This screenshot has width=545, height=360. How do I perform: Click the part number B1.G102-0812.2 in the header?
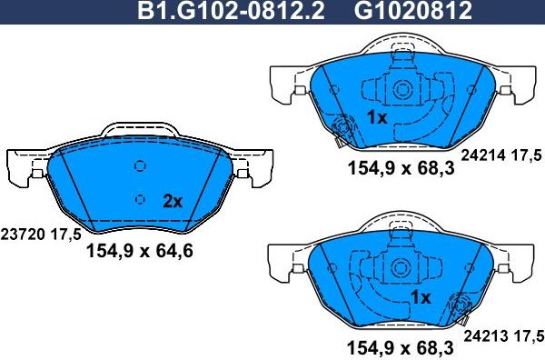231,13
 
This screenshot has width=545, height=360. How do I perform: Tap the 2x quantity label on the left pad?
172,201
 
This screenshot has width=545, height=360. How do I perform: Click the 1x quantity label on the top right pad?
377,117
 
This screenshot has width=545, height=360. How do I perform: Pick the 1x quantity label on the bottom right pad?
420,297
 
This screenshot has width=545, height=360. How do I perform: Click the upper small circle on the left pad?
139,166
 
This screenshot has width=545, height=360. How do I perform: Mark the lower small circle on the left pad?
139,199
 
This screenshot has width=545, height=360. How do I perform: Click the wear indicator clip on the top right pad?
342,129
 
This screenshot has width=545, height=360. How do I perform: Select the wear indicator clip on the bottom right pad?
457,306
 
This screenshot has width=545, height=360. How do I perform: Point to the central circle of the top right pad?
401,90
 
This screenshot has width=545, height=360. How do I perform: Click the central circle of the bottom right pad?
401,268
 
